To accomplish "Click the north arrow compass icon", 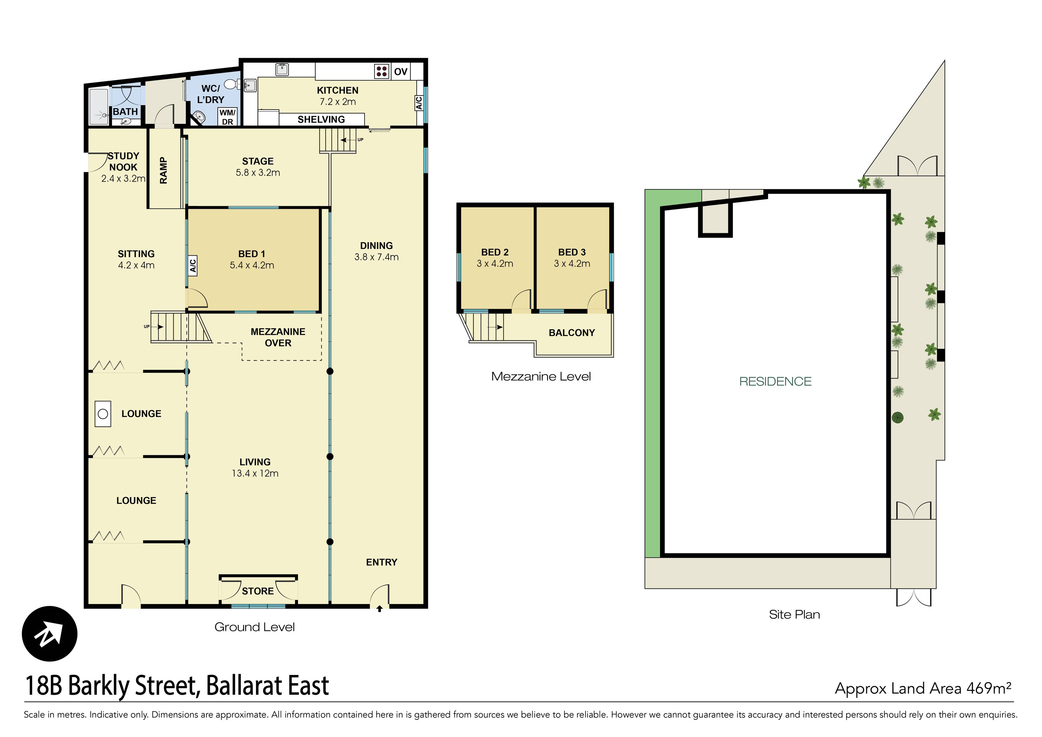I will click(50, 634).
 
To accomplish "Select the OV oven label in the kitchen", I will click(400, 72).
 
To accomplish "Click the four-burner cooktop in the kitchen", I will click(381, 71).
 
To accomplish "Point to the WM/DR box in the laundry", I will click(227, 117).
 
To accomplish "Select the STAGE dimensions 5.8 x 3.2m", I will click(258, 173).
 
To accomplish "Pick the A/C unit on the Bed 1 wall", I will click(193, 265).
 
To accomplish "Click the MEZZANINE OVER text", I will click(278, 337).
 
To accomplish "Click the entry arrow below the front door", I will click(379, 609).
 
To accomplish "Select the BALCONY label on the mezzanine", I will click(571, 333).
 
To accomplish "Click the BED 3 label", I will click(572, 252).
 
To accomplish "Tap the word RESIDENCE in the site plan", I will click(775, 382).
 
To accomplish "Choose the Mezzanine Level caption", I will click(541, 377).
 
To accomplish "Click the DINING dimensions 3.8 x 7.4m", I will click(376, 257).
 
